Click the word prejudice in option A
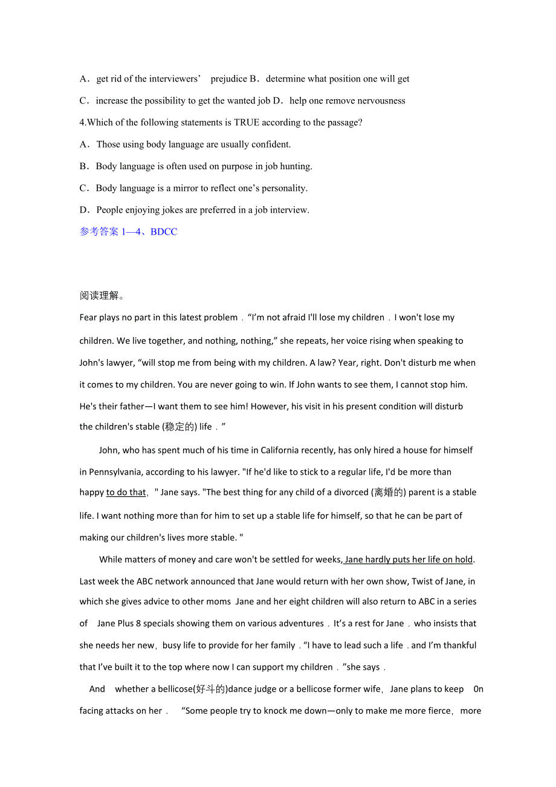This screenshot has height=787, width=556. (229, 79)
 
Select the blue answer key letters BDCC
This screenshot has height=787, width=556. (163, 232)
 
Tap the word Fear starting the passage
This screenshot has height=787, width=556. (88, 317)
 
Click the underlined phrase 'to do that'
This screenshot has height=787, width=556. (126, 492)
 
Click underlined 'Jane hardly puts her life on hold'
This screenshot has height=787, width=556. (409, 559)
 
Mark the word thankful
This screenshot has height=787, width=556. (459, 645)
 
